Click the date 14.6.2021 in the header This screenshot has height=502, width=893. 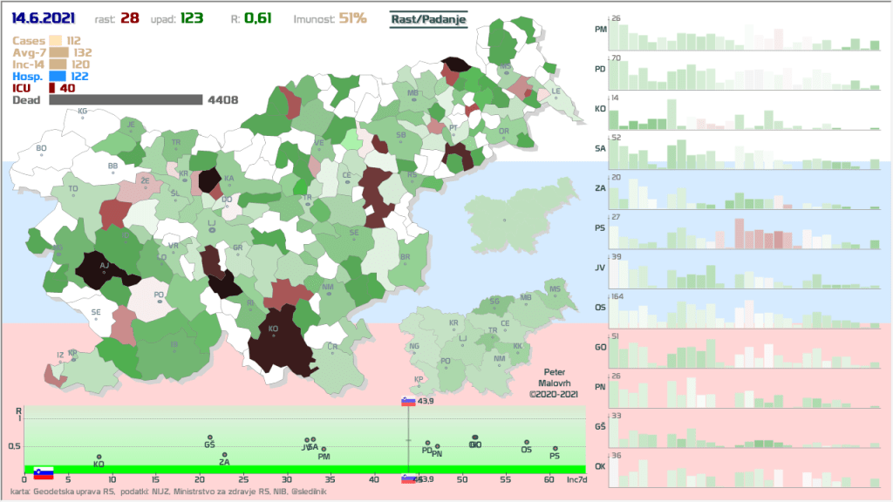point(43,17)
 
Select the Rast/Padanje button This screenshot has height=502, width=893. point(429,18)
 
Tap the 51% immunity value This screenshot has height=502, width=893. point(353,17)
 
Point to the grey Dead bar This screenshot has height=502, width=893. point(126,100)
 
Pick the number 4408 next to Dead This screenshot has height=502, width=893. point(222,100)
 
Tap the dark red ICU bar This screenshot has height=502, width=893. point(52,87)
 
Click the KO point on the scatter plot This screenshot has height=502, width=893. point(99,457)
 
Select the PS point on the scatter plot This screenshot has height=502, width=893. point(555,449)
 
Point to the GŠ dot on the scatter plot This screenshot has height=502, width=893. point(210,438)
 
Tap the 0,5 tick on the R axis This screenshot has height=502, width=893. point(13,447)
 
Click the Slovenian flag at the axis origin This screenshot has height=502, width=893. point(44,473)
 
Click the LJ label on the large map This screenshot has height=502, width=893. point(211,222)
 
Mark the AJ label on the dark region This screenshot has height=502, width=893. point(104,266)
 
